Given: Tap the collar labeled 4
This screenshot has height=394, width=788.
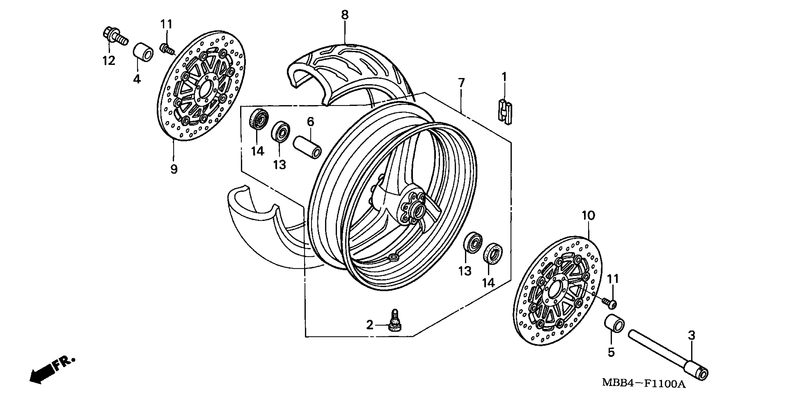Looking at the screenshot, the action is tap(143, 51).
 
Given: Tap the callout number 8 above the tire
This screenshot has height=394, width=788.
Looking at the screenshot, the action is tap(345, 15).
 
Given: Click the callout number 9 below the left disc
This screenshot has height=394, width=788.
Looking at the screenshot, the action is tap(174, 169).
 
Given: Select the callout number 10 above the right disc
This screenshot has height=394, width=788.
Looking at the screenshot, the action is tap(588, 216).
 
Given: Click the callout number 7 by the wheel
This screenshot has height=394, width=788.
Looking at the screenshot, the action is tap(461, 83).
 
